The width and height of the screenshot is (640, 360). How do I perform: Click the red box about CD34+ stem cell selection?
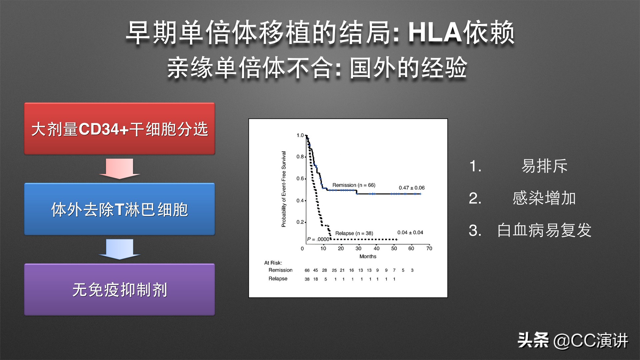click(x=119, y=129)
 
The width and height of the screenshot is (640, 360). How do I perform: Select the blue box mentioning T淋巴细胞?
click(x=119, y=209)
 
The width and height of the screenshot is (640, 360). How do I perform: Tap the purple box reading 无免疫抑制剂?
click(x=119, y=290)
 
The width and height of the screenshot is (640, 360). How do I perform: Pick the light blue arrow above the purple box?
click(x=119, y=249)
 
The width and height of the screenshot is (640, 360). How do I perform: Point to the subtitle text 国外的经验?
click(x=408, y=68)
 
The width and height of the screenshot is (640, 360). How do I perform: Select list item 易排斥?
click(x=544, y=166)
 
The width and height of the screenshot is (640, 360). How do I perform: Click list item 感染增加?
click(x=544, y=198)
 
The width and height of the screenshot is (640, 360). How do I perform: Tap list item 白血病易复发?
click(x=544, y=230)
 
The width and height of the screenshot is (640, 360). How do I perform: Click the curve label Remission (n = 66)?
click(x=354, y=185)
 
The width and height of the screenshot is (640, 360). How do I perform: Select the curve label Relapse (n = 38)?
click(x=354, y=233)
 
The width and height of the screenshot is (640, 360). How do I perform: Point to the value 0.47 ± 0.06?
click(x=412, y=188)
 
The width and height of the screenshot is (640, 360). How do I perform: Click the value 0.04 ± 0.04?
click(x=410, y=232)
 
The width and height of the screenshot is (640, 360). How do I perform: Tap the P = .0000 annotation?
click(x=318, y=239)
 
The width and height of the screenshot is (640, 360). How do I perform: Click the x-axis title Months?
click(x=368, y=256)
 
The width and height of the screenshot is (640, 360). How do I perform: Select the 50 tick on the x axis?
click(x=394, y=248)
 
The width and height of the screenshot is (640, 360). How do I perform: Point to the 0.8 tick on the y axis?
click(x=300, y=157)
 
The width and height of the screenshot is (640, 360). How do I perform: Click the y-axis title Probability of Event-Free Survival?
click(x=284, y=189)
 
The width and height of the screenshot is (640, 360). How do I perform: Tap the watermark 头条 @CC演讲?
click(x=573, y=340)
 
